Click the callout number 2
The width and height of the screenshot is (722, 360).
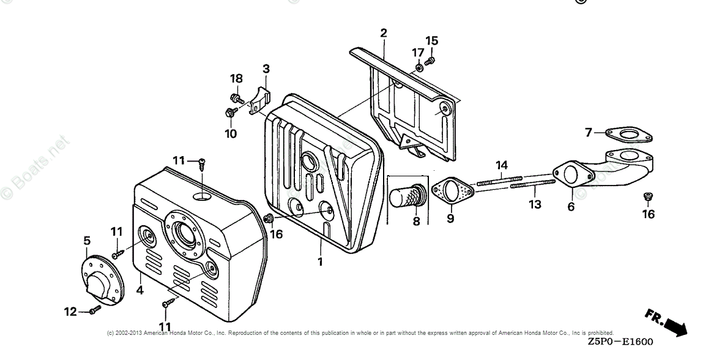point(384,32)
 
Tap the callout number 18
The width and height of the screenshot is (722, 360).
point(236,78)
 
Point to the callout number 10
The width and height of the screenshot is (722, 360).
point(230,134)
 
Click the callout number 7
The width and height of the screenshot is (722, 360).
point(588,132)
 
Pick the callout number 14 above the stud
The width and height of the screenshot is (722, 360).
point(502,165)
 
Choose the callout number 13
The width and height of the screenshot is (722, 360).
point(535,204)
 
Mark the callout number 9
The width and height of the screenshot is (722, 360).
point(450,218)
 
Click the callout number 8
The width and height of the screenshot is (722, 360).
point(416,221)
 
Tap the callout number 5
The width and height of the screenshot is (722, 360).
point(87,241)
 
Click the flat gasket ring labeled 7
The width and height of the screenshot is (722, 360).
point(628,137)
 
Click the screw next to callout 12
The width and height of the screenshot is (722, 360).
point(94,310)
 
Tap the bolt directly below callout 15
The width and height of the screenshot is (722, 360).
point(429,61)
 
